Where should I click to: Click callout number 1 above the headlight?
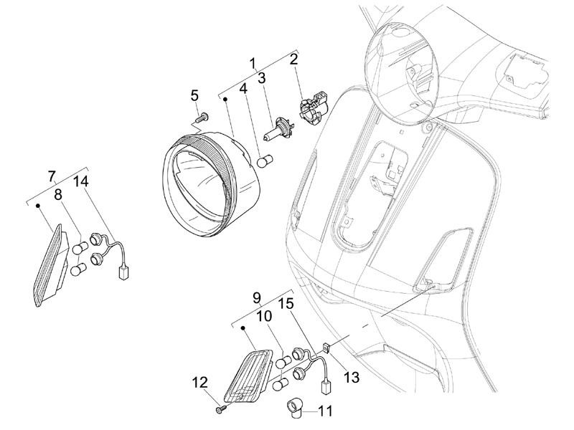(253, 63)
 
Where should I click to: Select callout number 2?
(293, 59)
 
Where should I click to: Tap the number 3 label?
(262, 77)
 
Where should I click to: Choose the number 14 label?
(81, 181)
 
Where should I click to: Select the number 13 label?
(352, 376)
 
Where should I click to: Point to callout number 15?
(285, 305)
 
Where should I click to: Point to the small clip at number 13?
(326, 348)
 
